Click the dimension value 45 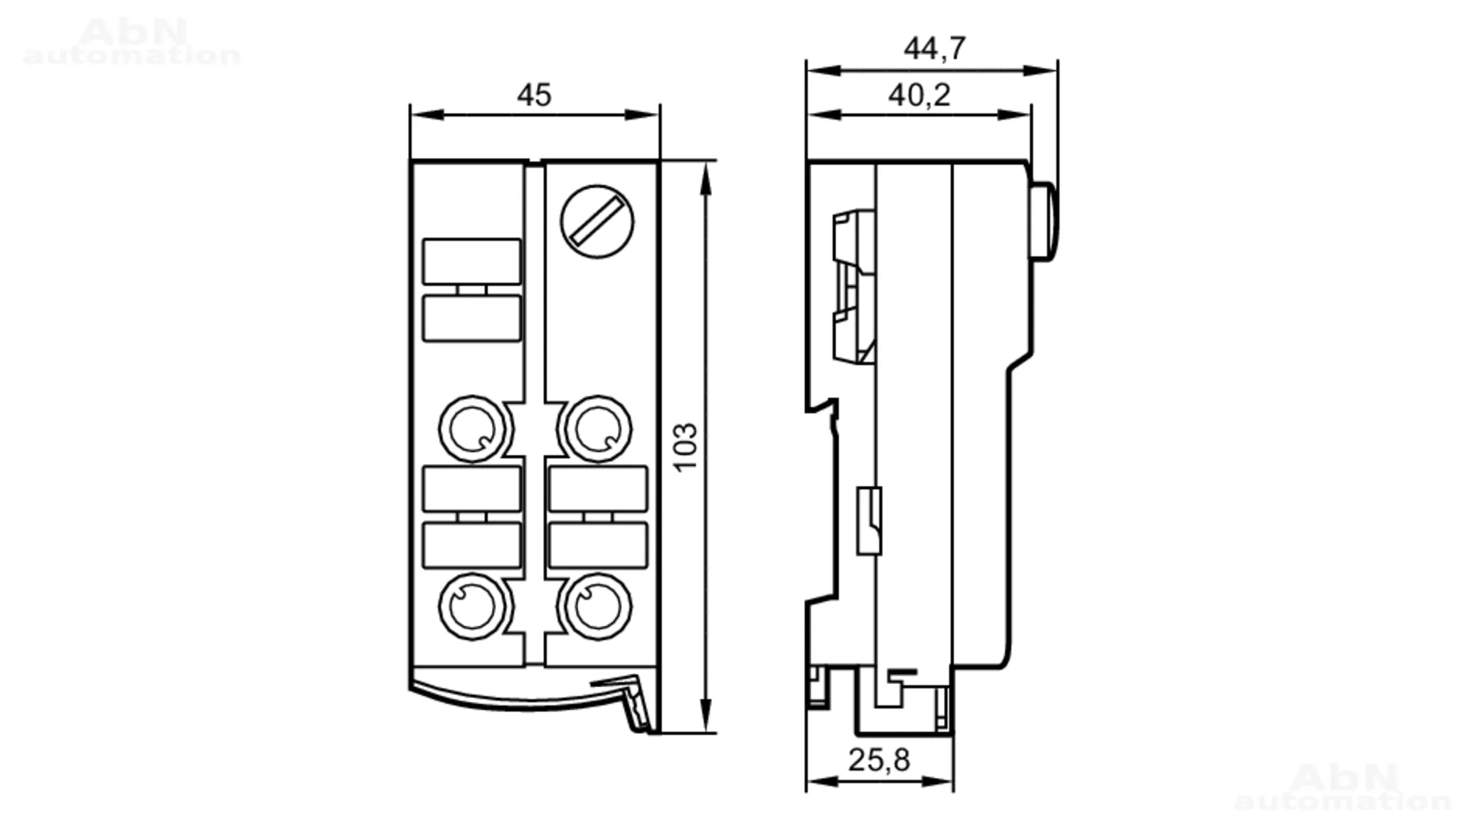tap(534, 95)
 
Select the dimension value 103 tap(685, 447)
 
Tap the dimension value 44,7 tap(934, 48)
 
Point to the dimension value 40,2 tap(919, 95)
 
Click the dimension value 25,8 tap(879, 760)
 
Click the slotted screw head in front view tap(597, 222)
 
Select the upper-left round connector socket tap(473, 429)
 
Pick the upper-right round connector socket tap(597, 429)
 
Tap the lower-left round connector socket tap(473, 607)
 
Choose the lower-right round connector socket tap(597, 607)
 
